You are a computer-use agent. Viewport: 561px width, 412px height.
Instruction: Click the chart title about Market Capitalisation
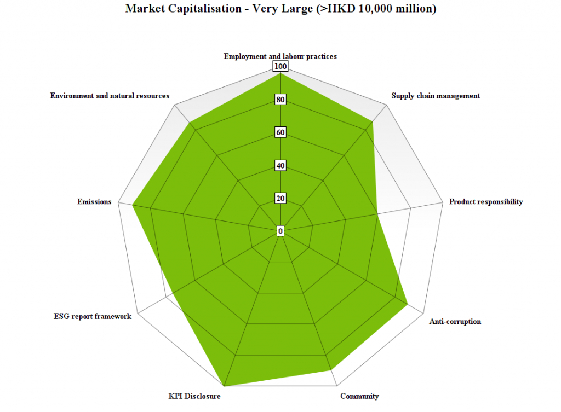pyautogui.click(x=280, y=9)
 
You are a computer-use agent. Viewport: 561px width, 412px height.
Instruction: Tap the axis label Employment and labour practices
pyautogui.click(x=280, y=56)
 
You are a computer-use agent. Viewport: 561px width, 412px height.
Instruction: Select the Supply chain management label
pyautogui.click(x=436, y=96)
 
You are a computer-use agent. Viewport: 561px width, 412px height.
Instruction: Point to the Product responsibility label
pyautogui.click(x=486, y=202)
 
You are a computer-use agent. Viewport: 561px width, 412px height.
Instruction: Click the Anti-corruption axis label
pyautogui.click(x=455, y=321)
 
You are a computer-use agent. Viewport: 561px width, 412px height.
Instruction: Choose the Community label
pyautogui.click(x=359, y=396)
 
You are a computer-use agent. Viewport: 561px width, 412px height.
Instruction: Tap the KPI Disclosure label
pyautogui.click(x=194, y=396)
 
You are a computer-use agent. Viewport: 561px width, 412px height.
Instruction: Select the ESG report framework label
pyautogui.click(x=93, y=316)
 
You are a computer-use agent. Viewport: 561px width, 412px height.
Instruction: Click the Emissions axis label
pyautogui.click(x=94, y=202)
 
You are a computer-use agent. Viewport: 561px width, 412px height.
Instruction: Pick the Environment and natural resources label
pyautogui.click(x=110, y=96)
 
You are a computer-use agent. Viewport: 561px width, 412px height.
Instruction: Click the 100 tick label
pyautogui.click(x=280, y=67)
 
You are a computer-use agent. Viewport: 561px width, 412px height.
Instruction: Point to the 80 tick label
pyautogui.click(x=280, y=100)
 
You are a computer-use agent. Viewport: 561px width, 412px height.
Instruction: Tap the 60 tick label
pyautogui.click(x=280, y=132)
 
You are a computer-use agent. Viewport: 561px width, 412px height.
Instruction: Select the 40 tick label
pyautogui.click(x=280, y=165)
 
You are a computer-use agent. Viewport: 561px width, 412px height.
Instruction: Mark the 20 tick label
pyautogui.click(x=280, y=198)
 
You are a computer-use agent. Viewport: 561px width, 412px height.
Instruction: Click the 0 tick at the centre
pyautogui.click(x=280, y=231)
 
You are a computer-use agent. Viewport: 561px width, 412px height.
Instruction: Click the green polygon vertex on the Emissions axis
pyautogui.click(x=133, y=205)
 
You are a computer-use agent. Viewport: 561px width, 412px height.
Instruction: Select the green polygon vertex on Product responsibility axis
pyautogui.click(x=377, y=214)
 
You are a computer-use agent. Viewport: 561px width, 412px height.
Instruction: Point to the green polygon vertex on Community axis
pyautogui.click(x=331, y=370)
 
